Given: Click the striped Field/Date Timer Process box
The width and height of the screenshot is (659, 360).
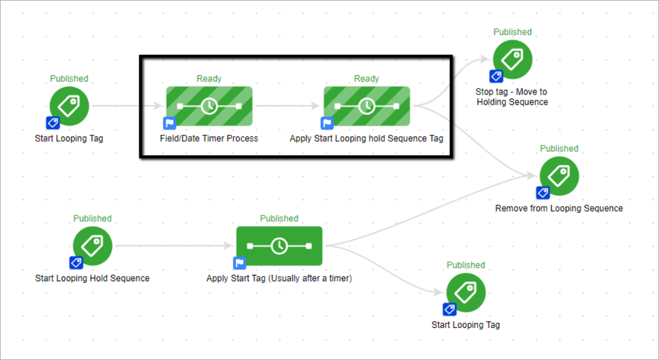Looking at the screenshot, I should tap(209, 106).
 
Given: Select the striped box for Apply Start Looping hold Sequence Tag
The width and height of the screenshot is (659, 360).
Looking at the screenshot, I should tap(366, 106).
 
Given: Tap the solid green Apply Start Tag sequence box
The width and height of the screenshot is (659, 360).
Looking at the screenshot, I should tap(279, 246).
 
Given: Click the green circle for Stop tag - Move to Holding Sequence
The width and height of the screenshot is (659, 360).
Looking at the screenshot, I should tap(513, 60).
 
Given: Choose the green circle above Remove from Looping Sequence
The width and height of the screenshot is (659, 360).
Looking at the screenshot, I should tap(559, 176).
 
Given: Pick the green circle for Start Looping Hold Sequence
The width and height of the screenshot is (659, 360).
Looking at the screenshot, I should tap(92, 246).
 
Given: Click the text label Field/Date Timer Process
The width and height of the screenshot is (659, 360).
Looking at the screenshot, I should tap(209, 138).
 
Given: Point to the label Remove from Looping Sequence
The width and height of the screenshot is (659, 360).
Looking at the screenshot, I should tap(559, 208).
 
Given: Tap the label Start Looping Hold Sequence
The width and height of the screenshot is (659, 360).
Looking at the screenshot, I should tap(92, 278).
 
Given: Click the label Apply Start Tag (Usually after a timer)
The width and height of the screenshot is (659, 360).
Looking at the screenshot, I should tap(279, 278).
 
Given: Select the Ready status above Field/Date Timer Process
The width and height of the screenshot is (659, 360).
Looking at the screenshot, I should tap(209, 79).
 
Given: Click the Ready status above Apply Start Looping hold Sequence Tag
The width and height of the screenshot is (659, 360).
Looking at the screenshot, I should tap(366, 79).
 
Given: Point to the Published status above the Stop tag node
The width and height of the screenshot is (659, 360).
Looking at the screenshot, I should tap(513, 32).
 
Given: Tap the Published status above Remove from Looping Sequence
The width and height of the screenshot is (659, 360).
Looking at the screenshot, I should tap(559, 149).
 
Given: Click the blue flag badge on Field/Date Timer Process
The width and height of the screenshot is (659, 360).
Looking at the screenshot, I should tap(170, 123).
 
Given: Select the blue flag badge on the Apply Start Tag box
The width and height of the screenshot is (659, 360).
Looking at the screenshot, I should tap(240, 263).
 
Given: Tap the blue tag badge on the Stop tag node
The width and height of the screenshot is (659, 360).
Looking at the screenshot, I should tap(496, 76).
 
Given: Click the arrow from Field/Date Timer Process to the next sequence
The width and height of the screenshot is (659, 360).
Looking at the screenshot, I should tap(288, 106).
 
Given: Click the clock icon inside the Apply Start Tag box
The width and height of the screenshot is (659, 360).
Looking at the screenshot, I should tap(279, 246).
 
